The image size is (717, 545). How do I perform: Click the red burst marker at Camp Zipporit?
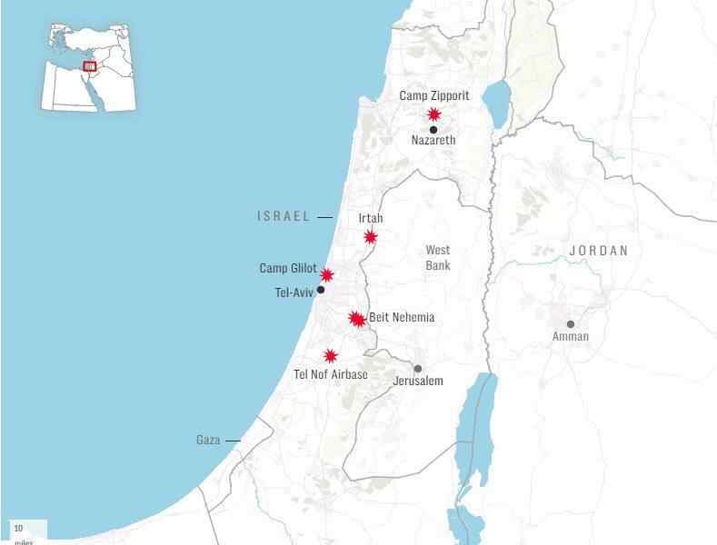pyautogui.click(x=434, y=114)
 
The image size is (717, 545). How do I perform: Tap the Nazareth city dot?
pyautogui.click(x=433, y=130)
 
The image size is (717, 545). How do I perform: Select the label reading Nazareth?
pyautogui.click(x=433, y=141)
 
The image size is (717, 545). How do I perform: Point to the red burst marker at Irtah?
pyautogui.click(x=371, y=237)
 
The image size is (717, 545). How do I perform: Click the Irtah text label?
pyautogui.click(x=371, y=219)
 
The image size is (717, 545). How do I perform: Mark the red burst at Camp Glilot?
pyautogui.click(x=327, y=275)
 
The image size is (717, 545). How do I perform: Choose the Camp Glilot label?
pyautogui.click(x=288, y=268)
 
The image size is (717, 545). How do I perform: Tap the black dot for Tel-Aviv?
pyautogui.click(x=321, y=290)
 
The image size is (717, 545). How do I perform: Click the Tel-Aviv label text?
pyautogui.click(x=294, y=292)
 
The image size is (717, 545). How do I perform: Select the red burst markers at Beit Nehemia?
pyautogui.click(x=357, y=319)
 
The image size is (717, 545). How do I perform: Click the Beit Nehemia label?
pyautogui.click(x=402, y=318)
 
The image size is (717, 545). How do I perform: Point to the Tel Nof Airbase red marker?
pyautogui.click(x=331, y=356)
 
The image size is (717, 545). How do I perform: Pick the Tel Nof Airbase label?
pyautogui.click(x=331, y=374)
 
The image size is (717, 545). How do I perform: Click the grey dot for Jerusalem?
pyautogui.click(x=418, y=369)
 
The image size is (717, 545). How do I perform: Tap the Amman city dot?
pyautogui.click(x=571, y=324)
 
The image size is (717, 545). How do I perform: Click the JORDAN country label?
pyautogui.click(x=599, y=251)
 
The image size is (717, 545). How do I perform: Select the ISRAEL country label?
pyautogui.click(x=284, y=216)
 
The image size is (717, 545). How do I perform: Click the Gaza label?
pyautogui.click(x=208, y=441)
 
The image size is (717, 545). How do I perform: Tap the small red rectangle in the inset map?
pyautogui.click(x=89, y=65)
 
